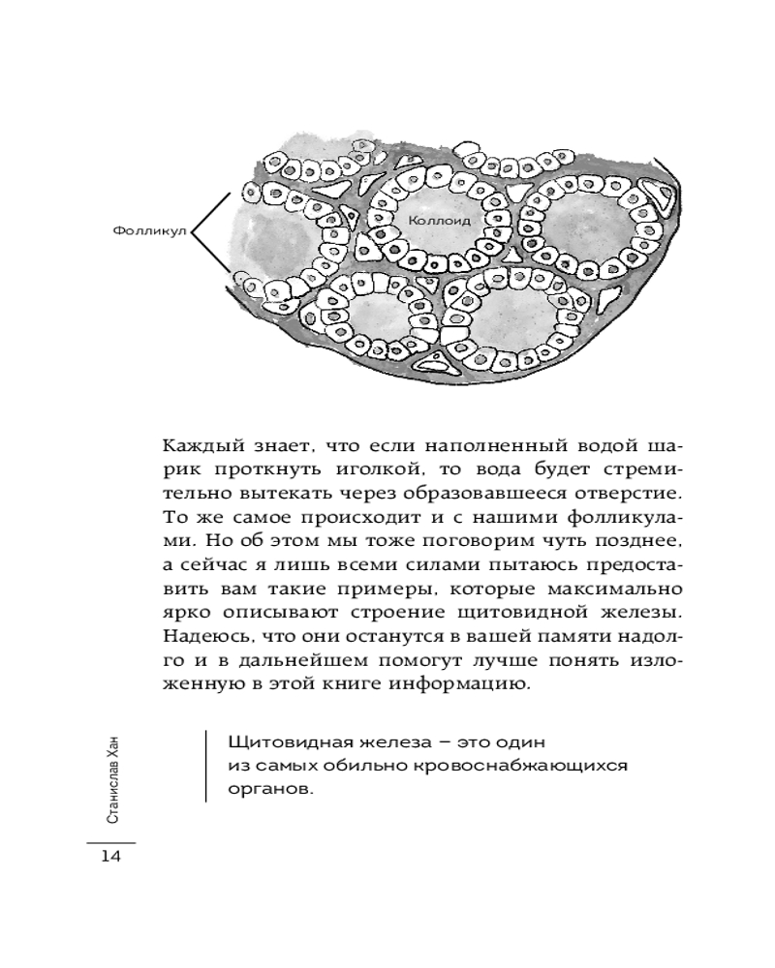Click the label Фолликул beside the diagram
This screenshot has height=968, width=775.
pyautogui.click(x=148, y=232)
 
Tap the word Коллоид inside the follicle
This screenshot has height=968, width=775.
pyautogui.click(x=439, y=220)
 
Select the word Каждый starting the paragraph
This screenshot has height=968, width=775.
pyautogui.click(x=197, y=448)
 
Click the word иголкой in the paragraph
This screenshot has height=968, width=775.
pyautogui.click(x=376, y=473)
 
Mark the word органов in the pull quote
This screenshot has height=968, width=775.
pyautogui.click(x=270, y=790)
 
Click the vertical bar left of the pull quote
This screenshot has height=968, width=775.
pyautogui.click(x=206, y=766)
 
